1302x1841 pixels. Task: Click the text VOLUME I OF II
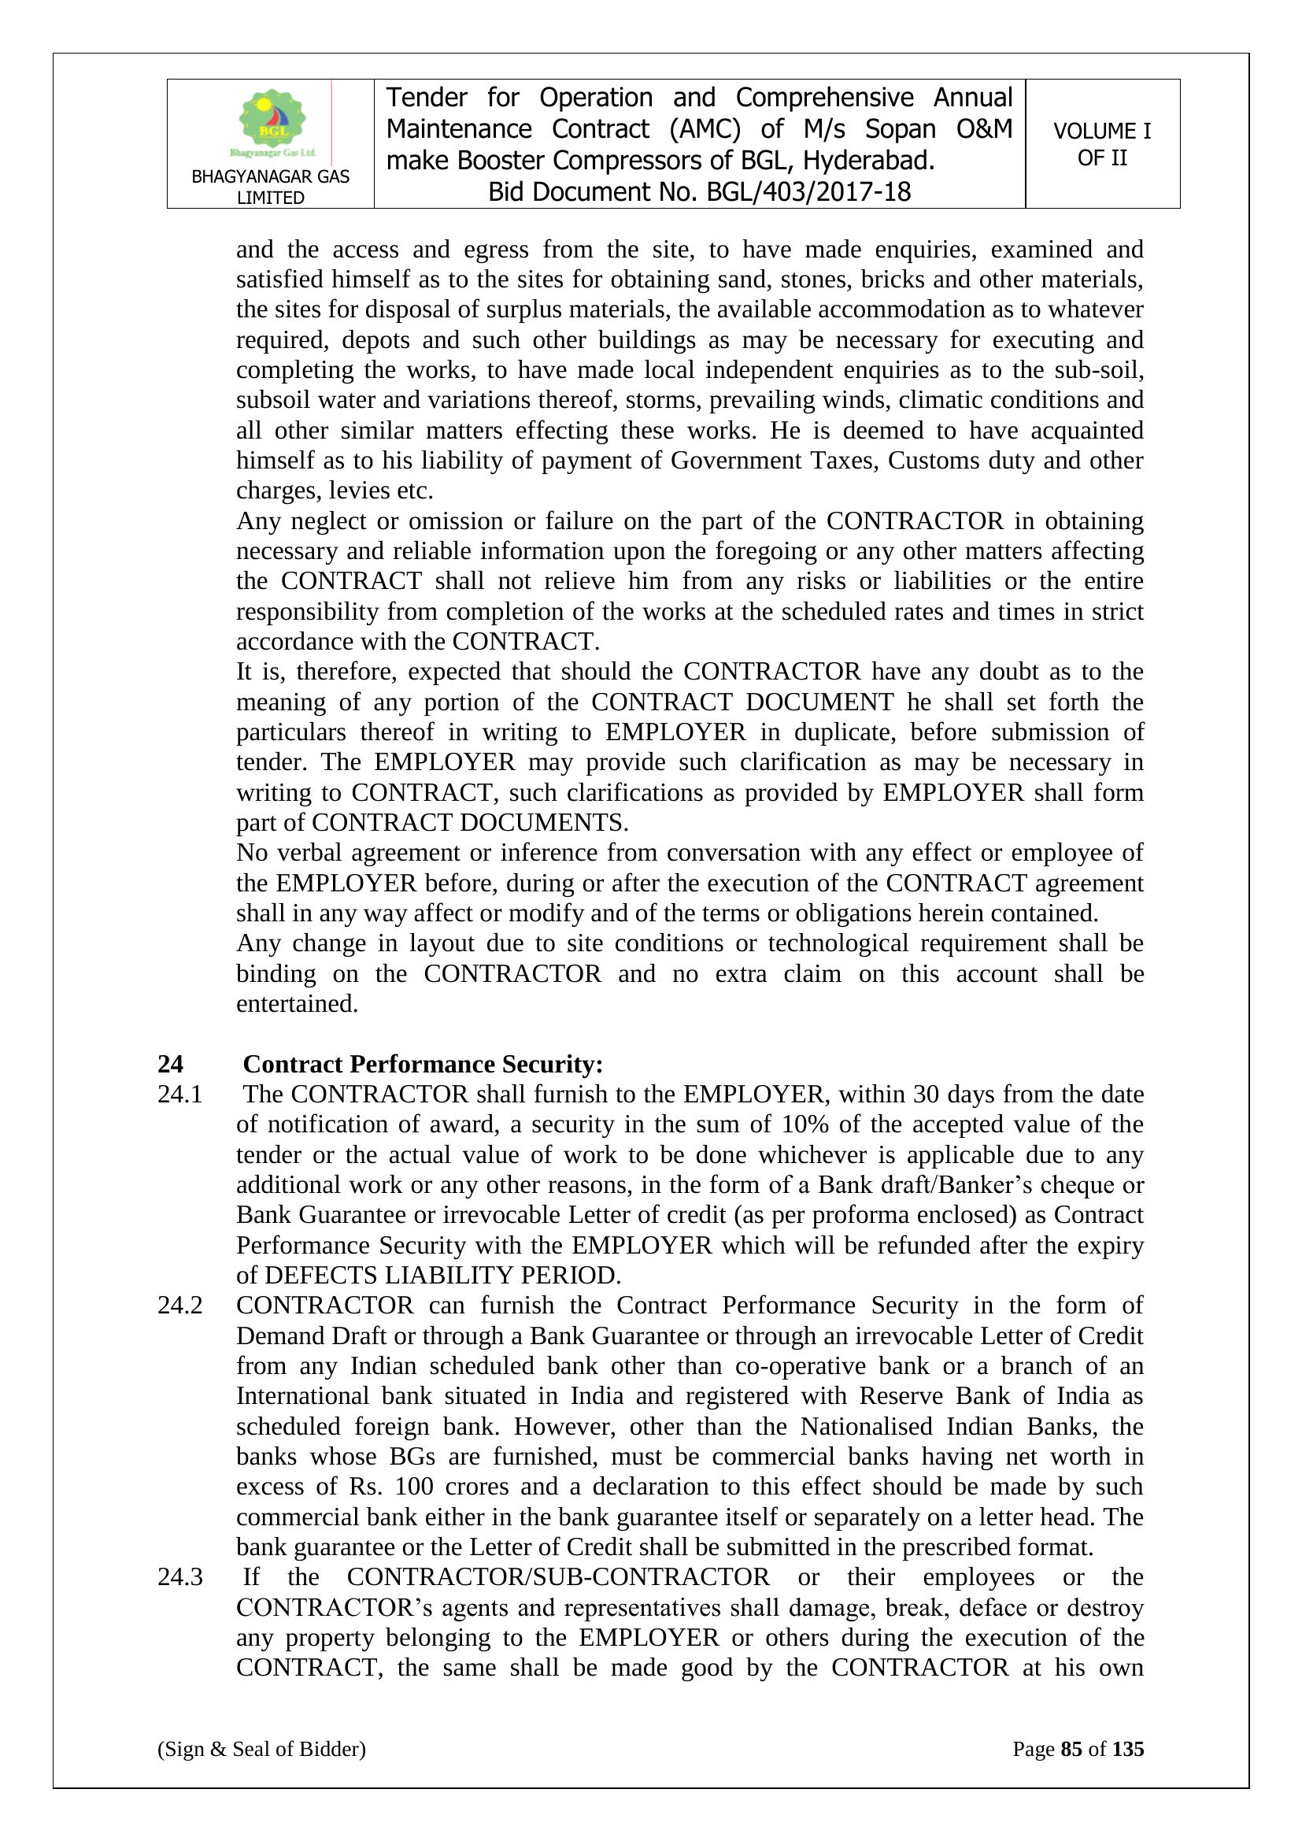pyautogui.click(x=1101, y=144)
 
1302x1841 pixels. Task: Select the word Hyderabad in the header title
pyautogui.click(x=869, y=161)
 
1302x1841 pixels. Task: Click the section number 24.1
pyautogui.click(x=179, y=1094)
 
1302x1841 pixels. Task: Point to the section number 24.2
pyautogui.click(x=179, y=1305)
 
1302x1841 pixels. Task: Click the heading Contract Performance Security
pyautogui.click(x=423, y=1064)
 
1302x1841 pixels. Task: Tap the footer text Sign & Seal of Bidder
pyautogui.click(x=261, y=1748)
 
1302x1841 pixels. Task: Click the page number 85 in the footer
pyautogui.click(x=1071, y=1748)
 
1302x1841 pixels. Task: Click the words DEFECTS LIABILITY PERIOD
pyautogui.click(x=442, y=1275)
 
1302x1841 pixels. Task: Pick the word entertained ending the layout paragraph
pyautogui.click(x=297, y=1003)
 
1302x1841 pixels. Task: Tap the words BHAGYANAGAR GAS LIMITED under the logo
pyautogui.click(x=270, y=187)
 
